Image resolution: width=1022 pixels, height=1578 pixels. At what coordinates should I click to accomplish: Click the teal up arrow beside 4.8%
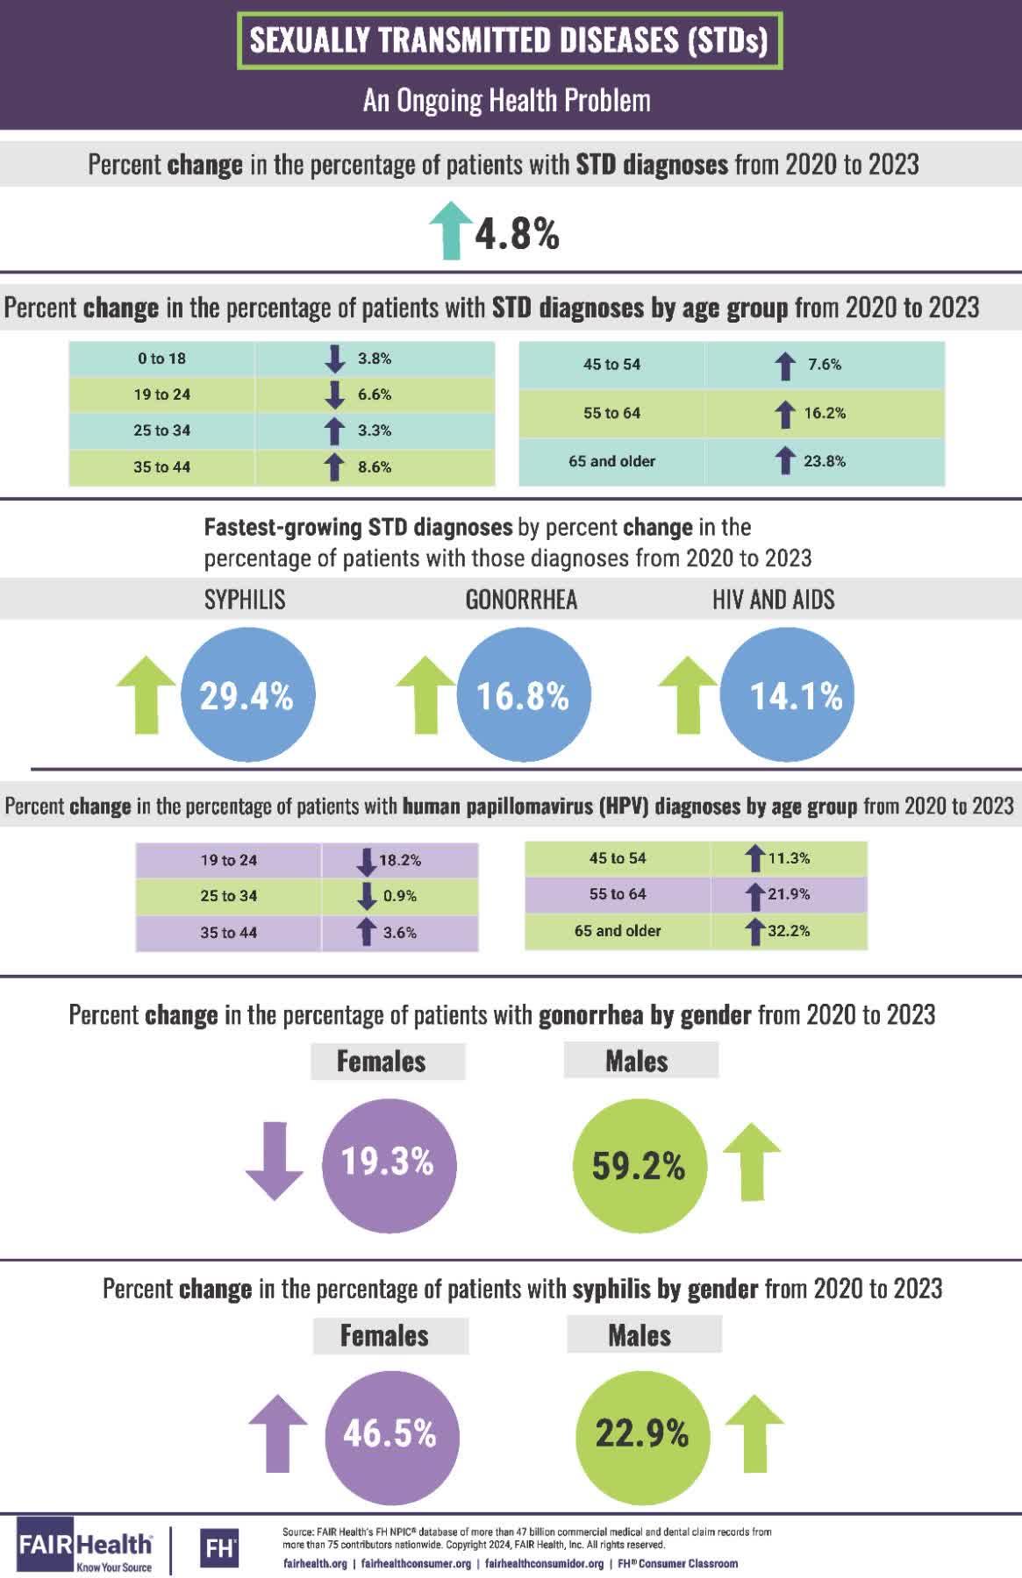pyautogui.click(x=451, y=230)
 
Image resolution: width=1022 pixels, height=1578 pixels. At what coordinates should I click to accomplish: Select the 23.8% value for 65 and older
pyautogui.click(x=825, y=461)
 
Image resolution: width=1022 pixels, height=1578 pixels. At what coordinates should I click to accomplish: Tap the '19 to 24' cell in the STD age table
pyautogui.click(x=162, y=394)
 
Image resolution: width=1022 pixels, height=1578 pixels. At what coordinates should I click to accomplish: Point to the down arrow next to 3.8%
pyautogui.click(x=334, y=359)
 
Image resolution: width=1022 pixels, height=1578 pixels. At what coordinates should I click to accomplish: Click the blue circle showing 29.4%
pyautogui.click(x=247, y=695)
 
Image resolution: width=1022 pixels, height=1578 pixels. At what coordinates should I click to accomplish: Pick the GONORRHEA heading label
pyautogui.click(x=521, y=600)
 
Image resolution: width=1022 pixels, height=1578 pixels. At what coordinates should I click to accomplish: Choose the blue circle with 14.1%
pyautogui.click(x=788, y=695)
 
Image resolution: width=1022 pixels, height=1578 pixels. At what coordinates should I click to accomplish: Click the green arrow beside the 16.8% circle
pyautogui.click(x=425, y=693)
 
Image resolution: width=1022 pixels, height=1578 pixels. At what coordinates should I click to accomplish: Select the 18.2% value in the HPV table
pyautogui.click(x=400, y=860)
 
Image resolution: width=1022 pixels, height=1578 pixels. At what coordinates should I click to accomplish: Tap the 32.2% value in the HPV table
pyautogui.click(x=789, y=931)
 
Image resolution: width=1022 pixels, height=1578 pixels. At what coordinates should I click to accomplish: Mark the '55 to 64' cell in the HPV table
pyautogui.click(x=618, y=894)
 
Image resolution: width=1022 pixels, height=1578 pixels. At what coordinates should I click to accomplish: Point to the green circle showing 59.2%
pyautogui.click(x=639, y=1165)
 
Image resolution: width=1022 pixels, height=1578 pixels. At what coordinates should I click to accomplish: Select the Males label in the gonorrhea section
pyautogui.click(x=637, y=1061)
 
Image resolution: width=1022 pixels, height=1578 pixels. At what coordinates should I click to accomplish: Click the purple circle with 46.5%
pyautogui.click(x=391, y=1433)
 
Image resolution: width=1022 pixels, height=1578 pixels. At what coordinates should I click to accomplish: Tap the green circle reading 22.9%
pyautogui.click(x=642, y=1433)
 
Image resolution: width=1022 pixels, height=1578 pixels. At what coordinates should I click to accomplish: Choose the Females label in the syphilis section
pyautogui.click(x=384, y=1335)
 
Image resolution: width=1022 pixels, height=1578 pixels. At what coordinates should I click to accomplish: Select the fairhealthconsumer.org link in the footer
pyautogui.click(x=416, y=1563)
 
